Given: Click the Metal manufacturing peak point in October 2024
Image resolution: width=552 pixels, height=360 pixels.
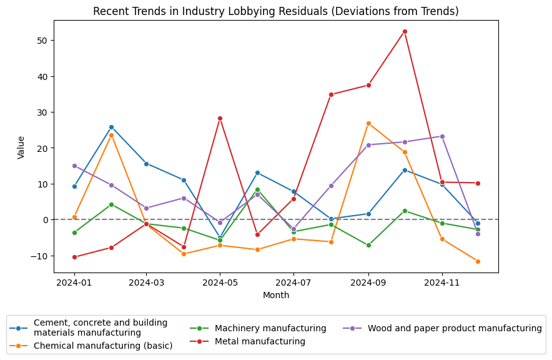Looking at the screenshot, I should point(405,31).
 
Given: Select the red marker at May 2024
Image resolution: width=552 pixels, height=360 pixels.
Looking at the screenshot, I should point(220,118).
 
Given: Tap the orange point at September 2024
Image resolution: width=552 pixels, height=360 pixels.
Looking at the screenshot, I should point(368,123).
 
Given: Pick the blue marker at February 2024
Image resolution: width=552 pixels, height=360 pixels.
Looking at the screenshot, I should point(111,127).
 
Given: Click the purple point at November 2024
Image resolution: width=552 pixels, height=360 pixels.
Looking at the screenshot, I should point(442,136).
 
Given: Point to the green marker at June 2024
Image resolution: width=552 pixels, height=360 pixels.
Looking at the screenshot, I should point(257,189).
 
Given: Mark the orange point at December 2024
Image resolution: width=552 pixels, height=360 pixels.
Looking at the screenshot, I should point(478,261).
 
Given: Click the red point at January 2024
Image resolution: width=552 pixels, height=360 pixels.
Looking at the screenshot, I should point(74,257).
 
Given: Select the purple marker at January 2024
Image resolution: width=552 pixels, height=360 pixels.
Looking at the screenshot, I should point(74,166).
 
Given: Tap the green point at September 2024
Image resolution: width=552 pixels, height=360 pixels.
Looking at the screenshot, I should point(368,246).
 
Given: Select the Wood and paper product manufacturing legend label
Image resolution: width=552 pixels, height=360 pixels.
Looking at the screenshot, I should point(455,328).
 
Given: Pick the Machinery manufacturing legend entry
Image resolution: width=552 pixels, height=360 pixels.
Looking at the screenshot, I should point(270,328).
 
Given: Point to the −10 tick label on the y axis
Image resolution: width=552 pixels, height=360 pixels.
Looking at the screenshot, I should point(39,256).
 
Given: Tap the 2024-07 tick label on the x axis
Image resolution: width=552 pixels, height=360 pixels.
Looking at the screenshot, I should point(293,283).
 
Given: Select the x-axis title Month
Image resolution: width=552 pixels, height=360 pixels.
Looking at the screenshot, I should point(276,295).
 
